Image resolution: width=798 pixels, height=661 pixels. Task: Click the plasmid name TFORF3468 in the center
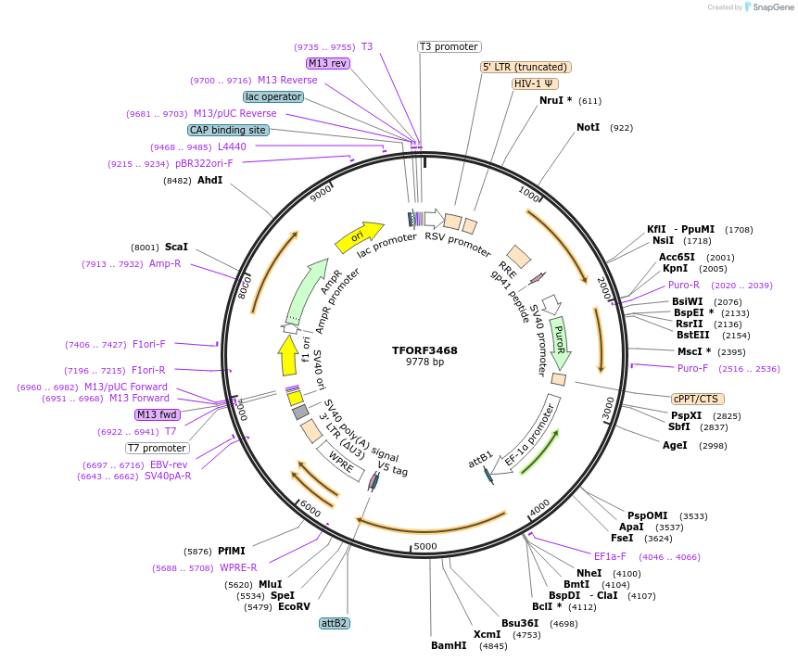pos(424,350)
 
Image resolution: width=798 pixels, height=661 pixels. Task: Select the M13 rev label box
pos(327,63)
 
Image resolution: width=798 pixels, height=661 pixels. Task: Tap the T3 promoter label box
pos(449,46)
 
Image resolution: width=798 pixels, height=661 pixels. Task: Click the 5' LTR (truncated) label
pos(526,67)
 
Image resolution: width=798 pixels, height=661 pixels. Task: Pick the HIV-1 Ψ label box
pos(536,83)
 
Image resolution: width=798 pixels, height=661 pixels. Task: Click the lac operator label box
pos(273,96)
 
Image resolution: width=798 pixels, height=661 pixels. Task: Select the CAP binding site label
pos(228,130)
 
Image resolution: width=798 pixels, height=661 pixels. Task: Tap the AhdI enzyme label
pos(209,180)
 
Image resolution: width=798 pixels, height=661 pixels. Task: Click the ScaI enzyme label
pos(176,248)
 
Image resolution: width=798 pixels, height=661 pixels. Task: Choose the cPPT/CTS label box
pos(696,399)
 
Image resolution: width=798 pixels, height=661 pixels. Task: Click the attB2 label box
pos(334,623)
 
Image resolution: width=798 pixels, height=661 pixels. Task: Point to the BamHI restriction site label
pos(449,645)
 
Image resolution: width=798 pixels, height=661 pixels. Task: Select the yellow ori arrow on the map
pos(359,237)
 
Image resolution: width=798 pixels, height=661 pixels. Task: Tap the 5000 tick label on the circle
pos(424,546)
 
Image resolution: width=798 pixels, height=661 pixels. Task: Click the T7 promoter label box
pos(158,448)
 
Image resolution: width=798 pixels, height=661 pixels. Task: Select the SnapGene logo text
pos(771,7)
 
